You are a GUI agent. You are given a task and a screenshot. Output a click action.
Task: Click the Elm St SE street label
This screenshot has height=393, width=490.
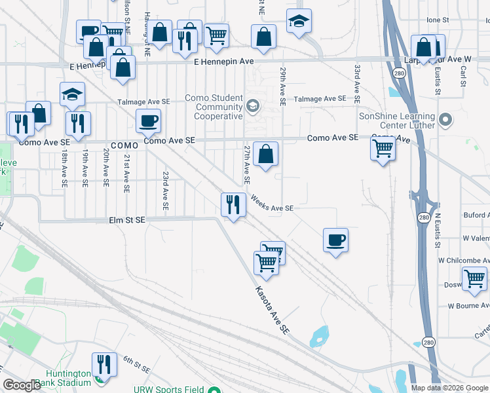pyautogui.click(x=126, y=221)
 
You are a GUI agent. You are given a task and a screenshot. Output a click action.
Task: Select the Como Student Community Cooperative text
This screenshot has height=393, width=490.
pyautogui.click(x=214, y=107)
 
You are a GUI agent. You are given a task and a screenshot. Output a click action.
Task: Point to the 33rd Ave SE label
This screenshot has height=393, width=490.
pyautogui.click(x=358, y=85)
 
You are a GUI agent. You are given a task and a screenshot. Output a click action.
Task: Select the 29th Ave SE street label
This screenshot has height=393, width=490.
pyautogui.click(x=283, y=86)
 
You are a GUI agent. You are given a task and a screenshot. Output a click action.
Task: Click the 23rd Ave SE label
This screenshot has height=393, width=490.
pyautogui.click(x=166, y=191)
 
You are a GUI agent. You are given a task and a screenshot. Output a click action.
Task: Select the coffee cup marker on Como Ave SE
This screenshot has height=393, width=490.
pyautogui.click(x=147, y=121)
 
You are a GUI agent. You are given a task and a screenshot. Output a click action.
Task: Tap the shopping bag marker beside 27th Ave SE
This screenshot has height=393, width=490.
pyautogui.click(x=265, y=155)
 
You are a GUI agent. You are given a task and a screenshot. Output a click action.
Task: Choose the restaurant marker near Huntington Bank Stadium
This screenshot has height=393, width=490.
pyautogui.click(x=104, y=364)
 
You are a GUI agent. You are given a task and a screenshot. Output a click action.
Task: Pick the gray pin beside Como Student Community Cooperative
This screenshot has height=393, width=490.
pyautogui.click(x=252, y=106)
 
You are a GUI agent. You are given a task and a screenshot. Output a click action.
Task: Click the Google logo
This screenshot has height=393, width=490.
pyautogui.click(x=22, y=386)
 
